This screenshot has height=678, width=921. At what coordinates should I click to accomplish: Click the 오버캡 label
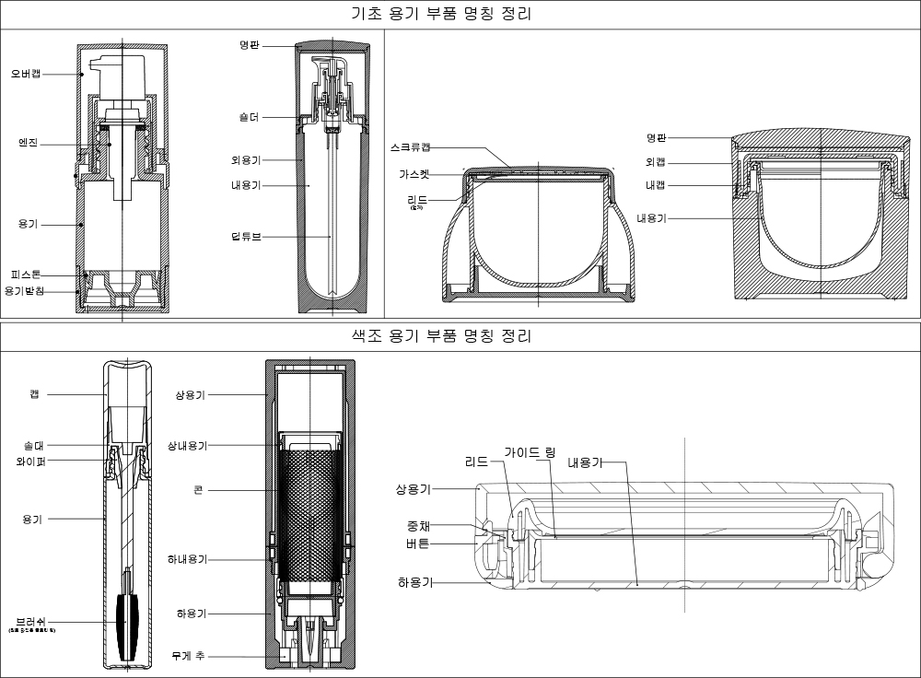(x=26, y=73)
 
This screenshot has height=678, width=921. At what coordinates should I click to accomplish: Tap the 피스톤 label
(x=26, y=275)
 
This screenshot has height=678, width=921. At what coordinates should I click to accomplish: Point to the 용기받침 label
(x=26, y=291)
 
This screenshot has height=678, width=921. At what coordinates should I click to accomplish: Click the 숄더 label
(x=248, y=117)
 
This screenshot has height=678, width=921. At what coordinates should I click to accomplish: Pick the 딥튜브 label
(x=246, y=237)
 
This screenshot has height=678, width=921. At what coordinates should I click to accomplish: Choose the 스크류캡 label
(x=410, y=147)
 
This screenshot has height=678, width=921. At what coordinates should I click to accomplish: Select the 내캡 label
(x=655, y=184)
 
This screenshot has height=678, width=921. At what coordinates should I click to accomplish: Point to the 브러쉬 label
(x=31, y=620)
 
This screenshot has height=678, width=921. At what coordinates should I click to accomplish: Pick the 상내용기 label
(x=187, y=446)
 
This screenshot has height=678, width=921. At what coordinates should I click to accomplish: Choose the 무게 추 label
(x=188, y=656)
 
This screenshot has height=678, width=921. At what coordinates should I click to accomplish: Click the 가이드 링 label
(x=530, y=452)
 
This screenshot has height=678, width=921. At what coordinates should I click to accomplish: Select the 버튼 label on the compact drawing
(x=417, y=544)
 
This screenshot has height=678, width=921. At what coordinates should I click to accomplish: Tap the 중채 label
(x=418, y=527)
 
